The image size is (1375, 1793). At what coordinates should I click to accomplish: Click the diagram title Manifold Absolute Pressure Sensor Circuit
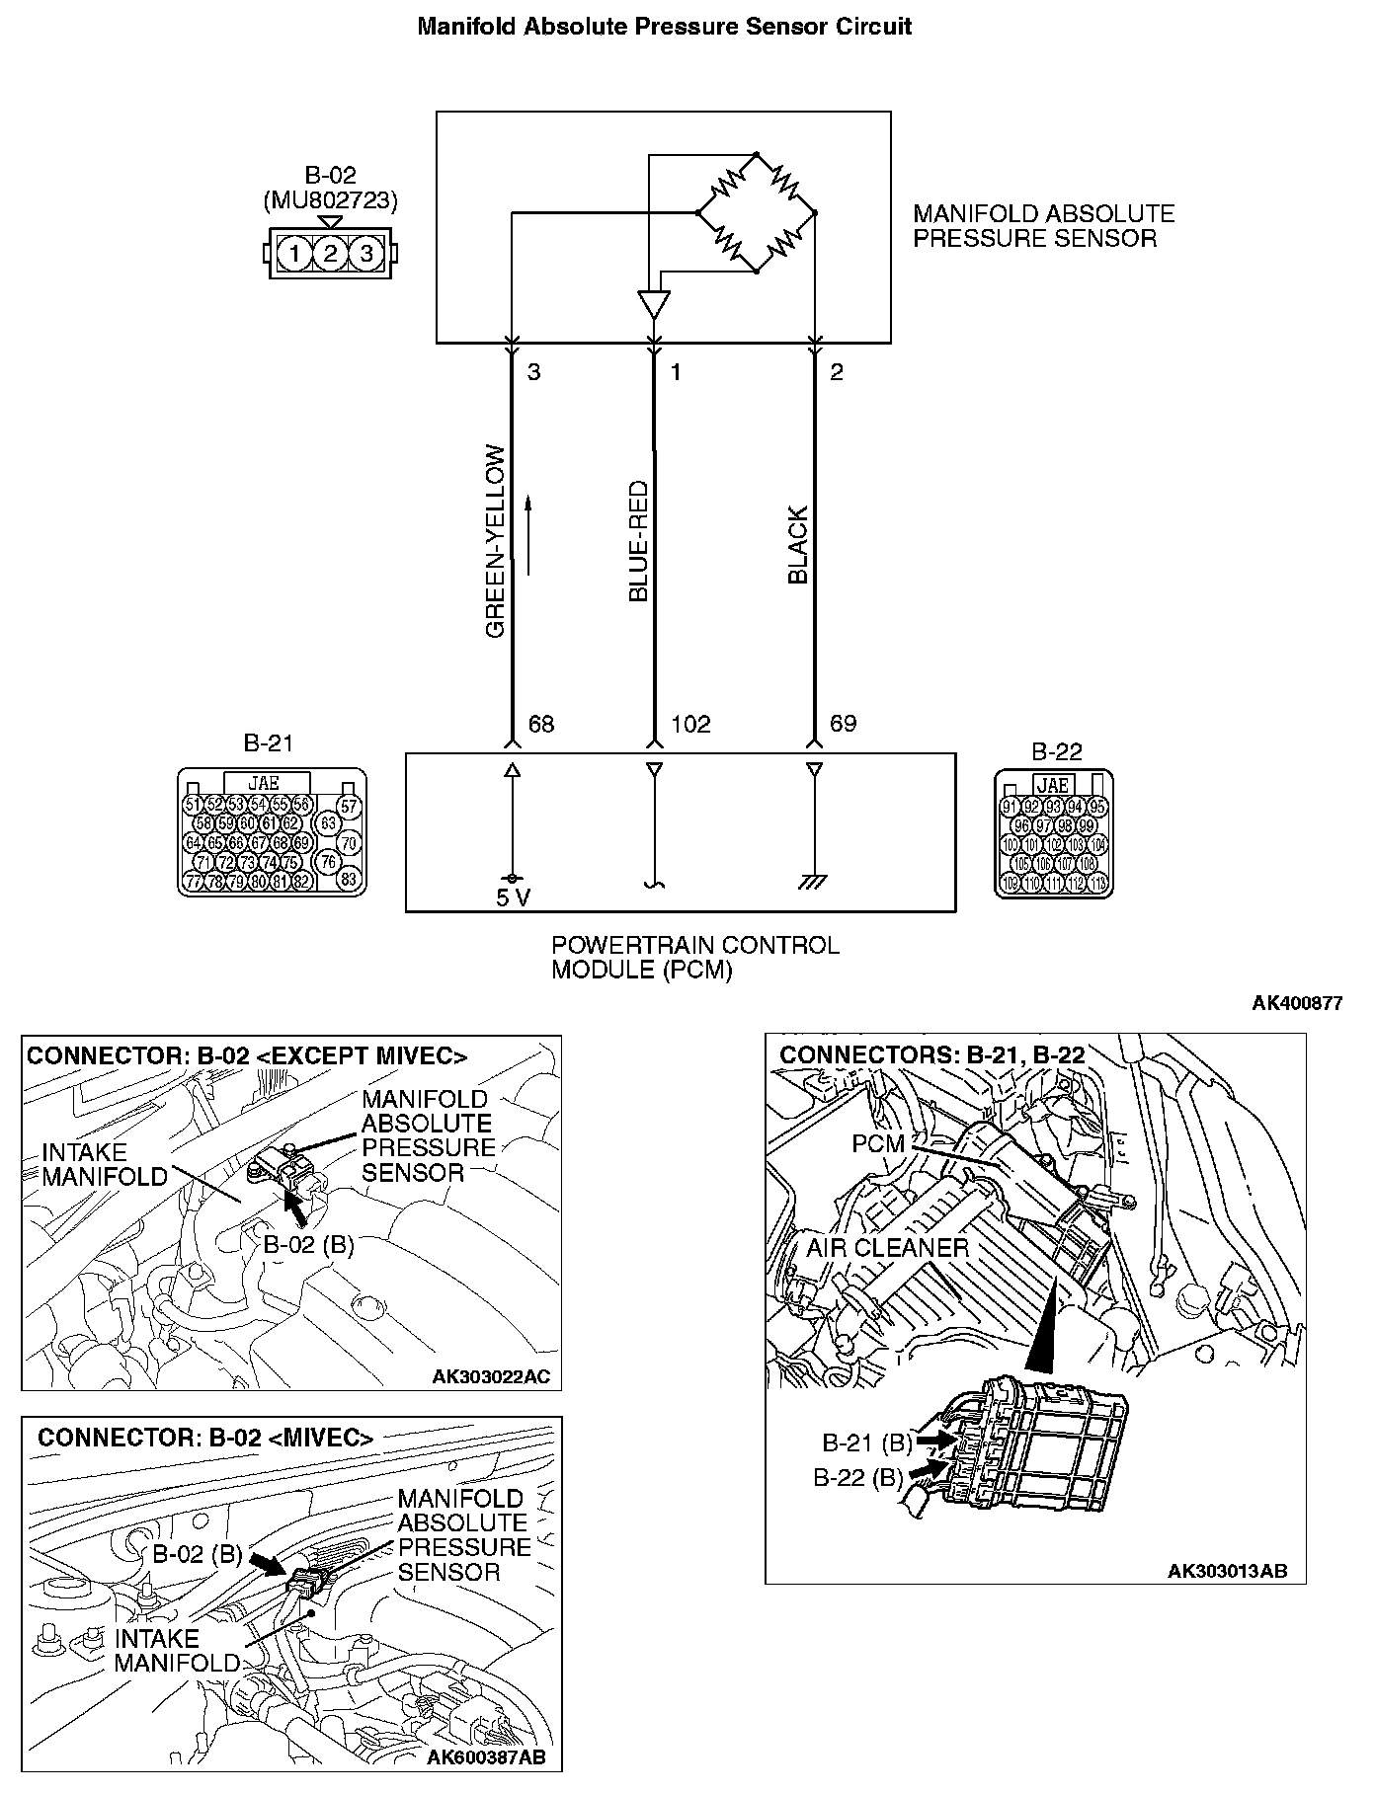664,27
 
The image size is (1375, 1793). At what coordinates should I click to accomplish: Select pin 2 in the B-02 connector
330,254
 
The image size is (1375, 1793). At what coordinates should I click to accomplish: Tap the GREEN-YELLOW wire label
496,541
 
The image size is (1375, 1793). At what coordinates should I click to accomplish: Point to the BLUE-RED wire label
638,541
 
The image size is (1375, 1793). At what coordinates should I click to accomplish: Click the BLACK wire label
798,545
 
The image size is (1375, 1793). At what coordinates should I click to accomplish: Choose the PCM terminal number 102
690,725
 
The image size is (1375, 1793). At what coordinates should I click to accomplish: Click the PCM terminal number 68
541,725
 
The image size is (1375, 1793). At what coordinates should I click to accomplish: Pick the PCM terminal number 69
843,724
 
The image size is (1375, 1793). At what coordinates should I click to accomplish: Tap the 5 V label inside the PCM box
513,897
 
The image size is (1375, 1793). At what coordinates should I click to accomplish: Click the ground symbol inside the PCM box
814,881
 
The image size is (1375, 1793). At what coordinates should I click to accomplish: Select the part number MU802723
330,201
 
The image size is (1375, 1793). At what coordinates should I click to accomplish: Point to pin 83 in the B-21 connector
348,878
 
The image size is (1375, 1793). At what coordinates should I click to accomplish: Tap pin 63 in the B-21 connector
328,822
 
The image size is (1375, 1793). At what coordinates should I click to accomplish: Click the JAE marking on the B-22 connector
1053,785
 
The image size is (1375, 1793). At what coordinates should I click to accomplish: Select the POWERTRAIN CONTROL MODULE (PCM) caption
694,957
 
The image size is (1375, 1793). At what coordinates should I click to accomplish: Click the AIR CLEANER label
887,1247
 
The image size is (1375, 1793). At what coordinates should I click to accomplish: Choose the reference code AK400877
1297,1003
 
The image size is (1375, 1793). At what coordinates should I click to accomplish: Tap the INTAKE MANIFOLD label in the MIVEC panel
176,1650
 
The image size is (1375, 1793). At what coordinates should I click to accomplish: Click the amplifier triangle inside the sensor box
653,303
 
